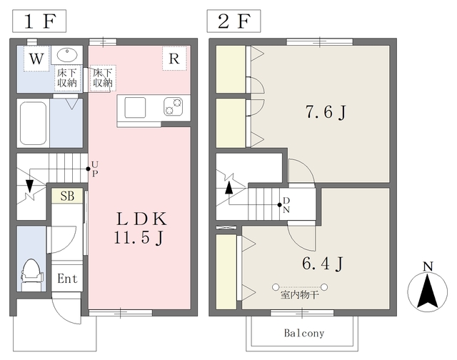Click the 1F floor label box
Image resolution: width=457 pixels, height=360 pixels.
pos(39,21)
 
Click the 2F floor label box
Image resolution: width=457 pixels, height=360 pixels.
pos(233,21)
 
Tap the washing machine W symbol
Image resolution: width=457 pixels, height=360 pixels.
pos(36,59)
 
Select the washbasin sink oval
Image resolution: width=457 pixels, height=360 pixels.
pos(67,54)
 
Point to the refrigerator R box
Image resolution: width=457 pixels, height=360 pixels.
pos(174,59)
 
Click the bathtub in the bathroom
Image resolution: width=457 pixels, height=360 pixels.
pos(33,123)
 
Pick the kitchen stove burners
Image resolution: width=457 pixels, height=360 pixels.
pos(173,106)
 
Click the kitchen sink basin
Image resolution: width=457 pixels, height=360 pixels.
pos(135,107)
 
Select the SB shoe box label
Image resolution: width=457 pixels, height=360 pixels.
pos(67,196)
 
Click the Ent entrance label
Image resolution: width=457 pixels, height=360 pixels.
pos(67,279)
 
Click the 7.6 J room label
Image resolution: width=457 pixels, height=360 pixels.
pos(326,111)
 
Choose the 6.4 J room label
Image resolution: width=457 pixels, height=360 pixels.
pos(322,264)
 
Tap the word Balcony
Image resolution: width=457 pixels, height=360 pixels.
pos(304,333)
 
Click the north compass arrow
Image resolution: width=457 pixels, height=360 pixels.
pos(427,291)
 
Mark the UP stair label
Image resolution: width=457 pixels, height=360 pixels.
pos(95,169)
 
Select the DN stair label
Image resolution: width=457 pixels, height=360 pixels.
pos(286,205)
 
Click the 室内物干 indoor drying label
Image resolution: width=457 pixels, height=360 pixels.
pos(299,295)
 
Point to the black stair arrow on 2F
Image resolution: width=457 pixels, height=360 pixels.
pos(229,188)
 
